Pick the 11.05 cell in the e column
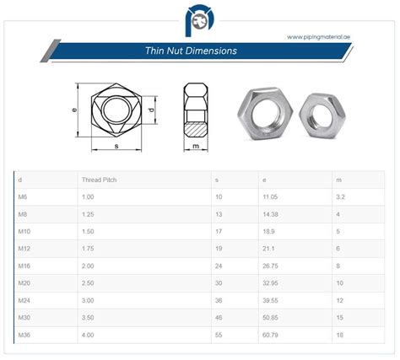[272, 196]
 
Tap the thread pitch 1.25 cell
[88, 214]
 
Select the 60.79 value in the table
[272, 335]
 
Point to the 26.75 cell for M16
[272, 266]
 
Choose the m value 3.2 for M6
[339, 196]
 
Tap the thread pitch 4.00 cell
[88, 335]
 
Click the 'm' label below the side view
[195, 147]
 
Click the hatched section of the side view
[195, 129]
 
